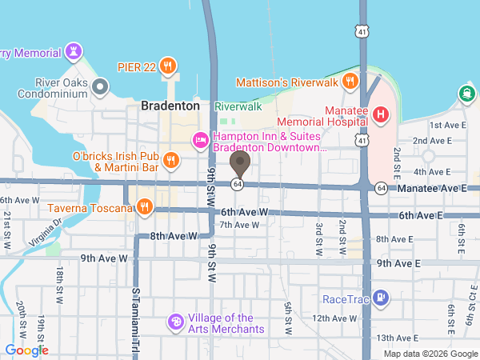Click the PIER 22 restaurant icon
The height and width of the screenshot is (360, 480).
[167, 65]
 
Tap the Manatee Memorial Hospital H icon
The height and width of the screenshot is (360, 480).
[380, 115]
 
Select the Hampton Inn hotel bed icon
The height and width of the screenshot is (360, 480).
[200, 141]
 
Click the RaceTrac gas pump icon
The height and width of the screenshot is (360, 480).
[382, 298]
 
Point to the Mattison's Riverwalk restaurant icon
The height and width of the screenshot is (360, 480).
[350, 82]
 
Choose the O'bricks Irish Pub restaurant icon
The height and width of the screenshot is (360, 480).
[170, 161]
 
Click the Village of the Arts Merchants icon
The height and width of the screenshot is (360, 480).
[175, 322]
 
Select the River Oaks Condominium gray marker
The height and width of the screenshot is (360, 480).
[100, 86]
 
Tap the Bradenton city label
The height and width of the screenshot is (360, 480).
[170, 106]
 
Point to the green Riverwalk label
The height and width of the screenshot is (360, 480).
[238, 106]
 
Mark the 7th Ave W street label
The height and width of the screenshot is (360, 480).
[240, 225]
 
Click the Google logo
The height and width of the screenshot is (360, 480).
[27, 350]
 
